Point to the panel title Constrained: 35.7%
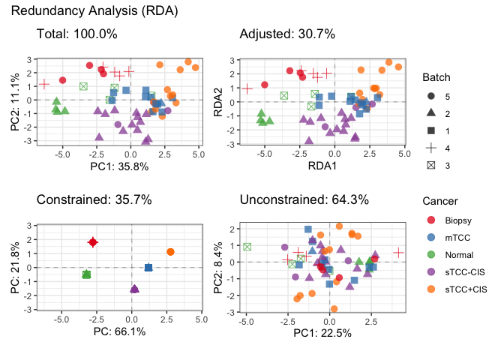[94, 199]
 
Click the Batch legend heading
[436, 77]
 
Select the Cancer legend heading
[440, 201]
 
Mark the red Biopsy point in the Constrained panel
[92, 242]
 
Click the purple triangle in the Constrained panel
[134, 289]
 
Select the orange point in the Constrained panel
[170, 252]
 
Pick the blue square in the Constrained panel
[148, 267]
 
